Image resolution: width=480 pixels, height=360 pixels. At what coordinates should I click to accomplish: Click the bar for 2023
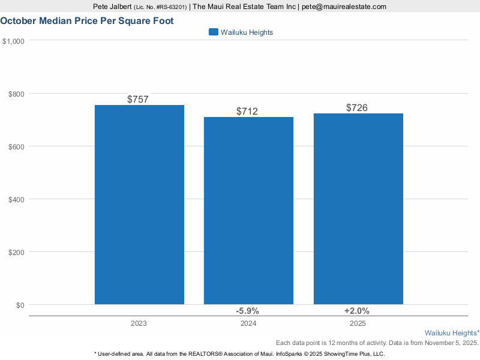pos(139,205)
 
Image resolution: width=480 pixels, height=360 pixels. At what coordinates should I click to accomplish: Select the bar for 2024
pos(248,211)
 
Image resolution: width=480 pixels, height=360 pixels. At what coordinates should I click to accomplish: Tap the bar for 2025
pos(358,209)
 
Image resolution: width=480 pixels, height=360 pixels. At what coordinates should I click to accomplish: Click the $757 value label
pos(138,99)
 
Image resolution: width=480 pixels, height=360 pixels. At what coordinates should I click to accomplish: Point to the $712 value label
pos(247,111)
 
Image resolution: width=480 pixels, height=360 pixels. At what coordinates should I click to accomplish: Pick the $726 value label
pos(357,107)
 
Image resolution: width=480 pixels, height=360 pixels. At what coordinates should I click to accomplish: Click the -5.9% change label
pos(247,311)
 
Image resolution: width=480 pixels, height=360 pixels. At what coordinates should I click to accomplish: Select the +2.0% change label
pos(357,311)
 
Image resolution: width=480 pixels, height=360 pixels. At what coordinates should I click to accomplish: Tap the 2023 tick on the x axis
pos(139,323)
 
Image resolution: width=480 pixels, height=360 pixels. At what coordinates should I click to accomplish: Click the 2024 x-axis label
pos(248,323)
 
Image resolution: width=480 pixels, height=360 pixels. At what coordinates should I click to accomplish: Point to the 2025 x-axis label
pos(358,323)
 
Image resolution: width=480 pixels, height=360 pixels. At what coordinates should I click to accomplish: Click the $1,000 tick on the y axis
pos(13,41)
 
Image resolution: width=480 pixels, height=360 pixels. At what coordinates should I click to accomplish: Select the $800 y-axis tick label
pos(16,94)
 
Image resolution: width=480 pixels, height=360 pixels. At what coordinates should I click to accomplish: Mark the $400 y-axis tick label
pos(16,199)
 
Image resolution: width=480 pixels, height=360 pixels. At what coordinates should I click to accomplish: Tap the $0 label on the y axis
pos(20,305)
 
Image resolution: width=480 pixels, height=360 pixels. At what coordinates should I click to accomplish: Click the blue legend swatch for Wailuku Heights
pos(213,32)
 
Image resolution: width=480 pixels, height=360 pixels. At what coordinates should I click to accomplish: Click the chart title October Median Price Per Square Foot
pos(87,20)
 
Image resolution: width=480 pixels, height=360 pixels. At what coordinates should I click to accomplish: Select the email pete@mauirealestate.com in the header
pos(344,7)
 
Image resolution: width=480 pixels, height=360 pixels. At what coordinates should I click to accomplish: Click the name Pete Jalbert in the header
pos(113,7)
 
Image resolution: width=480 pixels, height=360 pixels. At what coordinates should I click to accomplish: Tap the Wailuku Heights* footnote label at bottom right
pos(452,332)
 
